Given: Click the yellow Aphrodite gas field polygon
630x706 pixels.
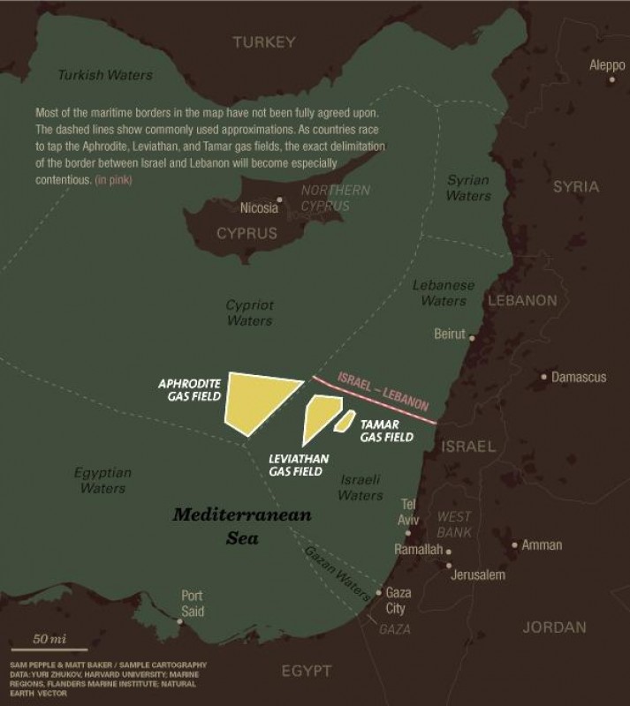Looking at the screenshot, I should pyautogui.click(x=256, y=398).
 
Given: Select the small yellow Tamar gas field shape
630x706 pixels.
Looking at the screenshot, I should pyautogui.click(x=345, y=421).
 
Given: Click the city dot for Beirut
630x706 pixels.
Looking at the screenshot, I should pyautogui.click(x=472, y=337).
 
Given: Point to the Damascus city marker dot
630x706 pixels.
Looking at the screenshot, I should pyautogui.click(x=544, y=377).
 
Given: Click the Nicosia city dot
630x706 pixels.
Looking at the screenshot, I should pyautogui.click(x=280, y=200).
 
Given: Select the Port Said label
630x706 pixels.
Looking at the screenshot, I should pyautogui.click(x=192, y=603).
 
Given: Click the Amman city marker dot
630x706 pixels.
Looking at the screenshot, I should pyautogui.click(x=515, y=545).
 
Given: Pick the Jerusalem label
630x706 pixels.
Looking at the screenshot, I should pyautogui.click(x=477, y=575).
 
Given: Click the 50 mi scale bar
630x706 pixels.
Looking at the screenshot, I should pyautogui.click(x=49, y=649).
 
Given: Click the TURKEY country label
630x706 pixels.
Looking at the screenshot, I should pyautogui.click(x=261, y=41).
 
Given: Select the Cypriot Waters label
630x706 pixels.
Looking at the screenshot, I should pyautogui.click(x=249, y=312).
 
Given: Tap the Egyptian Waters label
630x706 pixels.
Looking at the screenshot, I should pyautogui.click(x=102, y=480).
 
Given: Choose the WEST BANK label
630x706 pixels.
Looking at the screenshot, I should pyautogui.click(x=454, y=524).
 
